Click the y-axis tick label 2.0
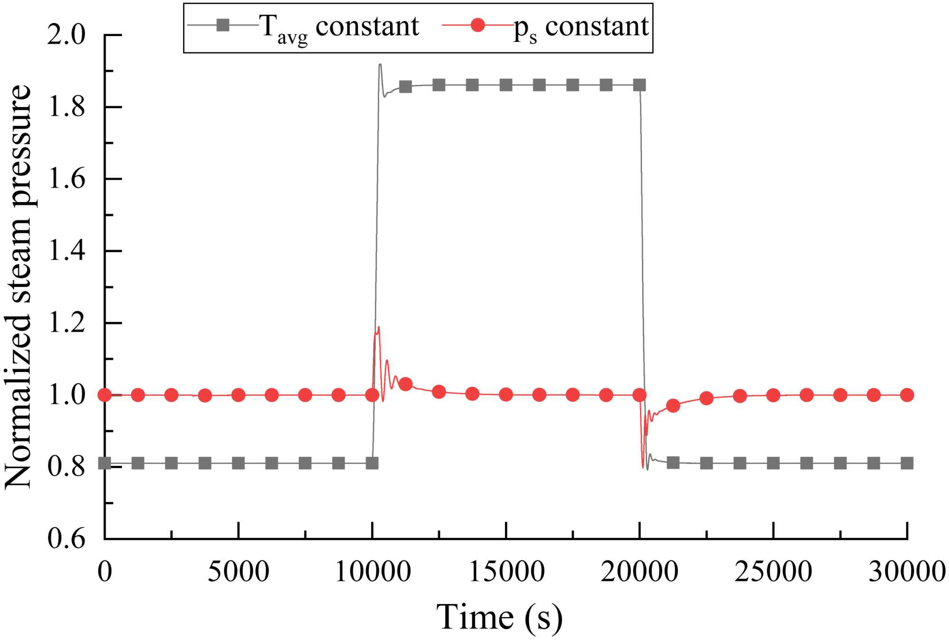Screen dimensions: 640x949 [x=66, y=36]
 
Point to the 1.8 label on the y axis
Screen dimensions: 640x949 [x=66, y=107]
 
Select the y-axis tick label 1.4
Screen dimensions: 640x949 [x=66, y=251]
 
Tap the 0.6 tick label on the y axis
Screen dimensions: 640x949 [x=66, y=538]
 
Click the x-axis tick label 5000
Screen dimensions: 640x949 [x=239, y=572]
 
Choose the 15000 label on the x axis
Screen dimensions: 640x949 [x=507, y=572]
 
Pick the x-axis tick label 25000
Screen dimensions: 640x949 [x=773, y=572]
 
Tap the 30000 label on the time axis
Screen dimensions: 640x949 [x=907, y=572]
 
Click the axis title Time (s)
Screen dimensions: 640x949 [x=499, y=617]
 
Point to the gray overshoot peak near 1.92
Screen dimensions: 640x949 [x=380, y=65]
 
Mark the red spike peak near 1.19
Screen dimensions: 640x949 [x=379, y=327]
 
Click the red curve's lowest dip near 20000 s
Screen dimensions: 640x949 [x=643, y=467]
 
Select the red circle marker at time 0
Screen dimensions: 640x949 [x=105, y=395]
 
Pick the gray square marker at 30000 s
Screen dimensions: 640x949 [x=907, y=463]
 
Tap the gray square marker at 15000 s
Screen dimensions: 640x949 [x=506, y=85]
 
